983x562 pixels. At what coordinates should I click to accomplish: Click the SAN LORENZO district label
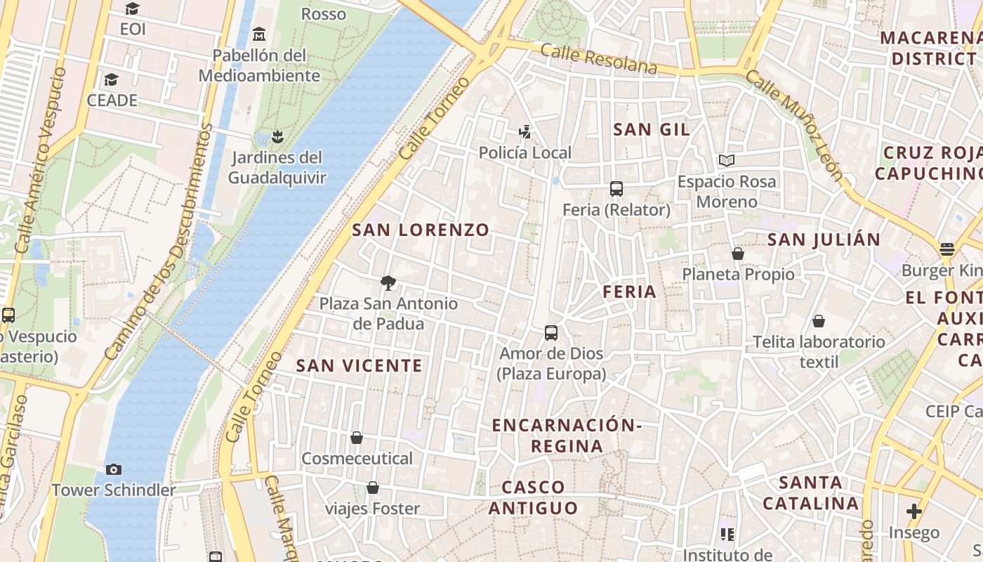point(421,230)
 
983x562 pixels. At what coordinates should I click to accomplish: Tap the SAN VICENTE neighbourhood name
point(359,365)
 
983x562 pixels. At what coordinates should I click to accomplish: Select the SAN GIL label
point(652,129)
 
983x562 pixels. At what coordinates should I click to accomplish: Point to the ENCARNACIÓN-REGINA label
point(567,436)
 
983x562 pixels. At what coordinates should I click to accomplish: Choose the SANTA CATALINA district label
point(811,493)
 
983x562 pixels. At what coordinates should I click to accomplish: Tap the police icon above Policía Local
point(525,131)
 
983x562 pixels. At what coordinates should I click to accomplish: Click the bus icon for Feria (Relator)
point(616,189)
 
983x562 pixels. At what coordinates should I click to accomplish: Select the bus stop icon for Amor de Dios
point(551,333)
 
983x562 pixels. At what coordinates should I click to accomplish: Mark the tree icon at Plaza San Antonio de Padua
point(388,283)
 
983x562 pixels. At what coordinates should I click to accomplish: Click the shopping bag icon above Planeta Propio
point(738,254)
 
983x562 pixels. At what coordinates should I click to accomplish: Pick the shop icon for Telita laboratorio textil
point(819,321)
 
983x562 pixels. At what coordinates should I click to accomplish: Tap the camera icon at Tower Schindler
point(113,469)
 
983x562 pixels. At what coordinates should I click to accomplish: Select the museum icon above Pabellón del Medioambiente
point(260,34)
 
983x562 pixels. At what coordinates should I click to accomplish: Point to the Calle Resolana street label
point(599,59)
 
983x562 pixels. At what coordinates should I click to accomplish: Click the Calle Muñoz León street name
point(794,126)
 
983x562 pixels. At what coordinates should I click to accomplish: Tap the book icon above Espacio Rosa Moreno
point(727,161)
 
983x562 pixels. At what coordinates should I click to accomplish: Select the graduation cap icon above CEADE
point(111,79)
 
